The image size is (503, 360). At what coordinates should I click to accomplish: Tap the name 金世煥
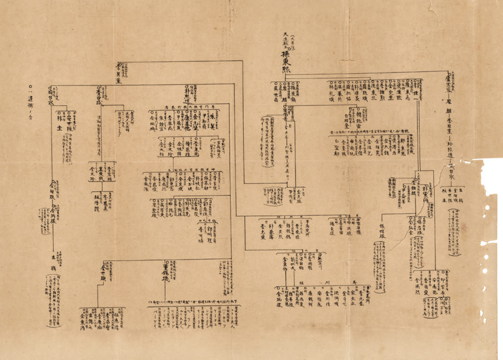(x=105, y=270)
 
